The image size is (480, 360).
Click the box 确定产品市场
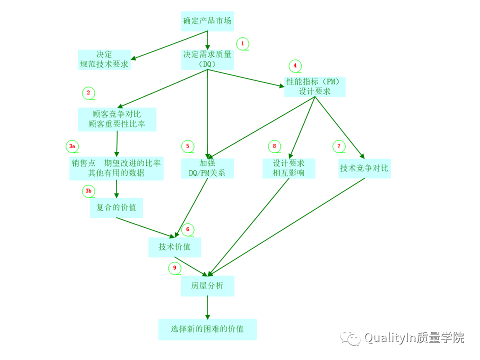pos(207,21)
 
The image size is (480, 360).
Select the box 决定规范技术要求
pos(104,59)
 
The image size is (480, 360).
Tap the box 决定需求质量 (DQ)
pos(207,59)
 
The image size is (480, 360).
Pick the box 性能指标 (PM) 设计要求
pos(314,86)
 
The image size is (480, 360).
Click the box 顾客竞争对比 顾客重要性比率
pos(117,119)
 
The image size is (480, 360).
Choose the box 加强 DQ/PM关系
pos(207,168)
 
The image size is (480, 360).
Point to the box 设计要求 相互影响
pos(288,168)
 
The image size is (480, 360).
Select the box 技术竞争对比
pos(364,168)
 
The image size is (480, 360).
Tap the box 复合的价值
pos(116,207)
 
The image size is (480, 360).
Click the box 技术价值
pos(174,247)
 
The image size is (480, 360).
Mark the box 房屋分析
pos(207,286)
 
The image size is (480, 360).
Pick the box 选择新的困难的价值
pos(207,329)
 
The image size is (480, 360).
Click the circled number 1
pos(242,43)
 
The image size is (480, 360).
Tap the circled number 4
pos(295,65)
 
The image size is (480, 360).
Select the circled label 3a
pos(72,146)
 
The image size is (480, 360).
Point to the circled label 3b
pos(88,191)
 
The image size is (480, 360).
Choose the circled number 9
pos(174,268)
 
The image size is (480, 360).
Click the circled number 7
pos(339,146)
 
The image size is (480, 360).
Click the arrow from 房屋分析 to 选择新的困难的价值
pos(207,307)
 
